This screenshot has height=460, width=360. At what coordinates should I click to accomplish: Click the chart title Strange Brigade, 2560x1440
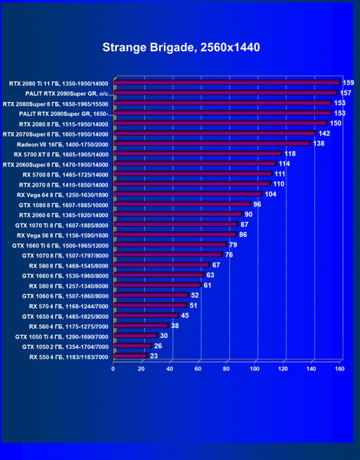(x=182, y=48)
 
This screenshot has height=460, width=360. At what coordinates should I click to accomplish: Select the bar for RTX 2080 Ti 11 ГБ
(x=227, y=83)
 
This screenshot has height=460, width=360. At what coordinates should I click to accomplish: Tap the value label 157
(x=345, y=93)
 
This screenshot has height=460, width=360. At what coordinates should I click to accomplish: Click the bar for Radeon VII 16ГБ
(x=212, y=143)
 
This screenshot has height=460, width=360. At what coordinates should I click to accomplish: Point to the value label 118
(x=290, y=154)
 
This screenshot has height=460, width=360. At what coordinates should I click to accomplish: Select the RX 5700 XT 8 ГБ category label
(x=61, y=155)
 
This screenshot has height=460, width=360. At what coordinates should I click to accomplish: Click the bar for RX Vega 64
(x=188, y=194)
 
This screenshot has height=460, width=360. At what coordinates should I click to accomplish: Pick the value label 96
(x=257, y=204)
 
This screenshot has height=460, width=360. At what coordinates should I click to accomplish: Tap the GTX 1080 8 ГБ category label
(x=64, y=205)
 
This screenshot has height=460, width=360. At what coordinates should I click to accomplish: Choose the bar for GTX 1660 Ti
(x=170, y=245)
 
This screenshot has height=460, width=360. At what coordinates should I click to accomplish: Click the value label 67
(x=216, y=265)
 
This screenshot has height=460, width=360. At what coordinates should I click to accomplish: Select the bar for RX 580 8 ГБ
(x=158, y=285)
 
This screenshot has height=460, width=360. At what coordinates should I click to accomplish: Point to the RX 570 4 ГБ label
(x=69, y=307)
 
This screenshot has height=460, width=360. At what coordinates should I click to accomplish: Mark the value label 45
(x=185, y=316)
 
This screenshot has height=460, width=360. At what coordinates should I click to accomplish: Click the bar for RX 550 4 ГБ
(x=130, y=356)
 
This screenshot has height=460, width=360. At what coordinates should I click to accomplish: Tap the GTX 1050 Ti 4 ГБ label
(x=62, y=337)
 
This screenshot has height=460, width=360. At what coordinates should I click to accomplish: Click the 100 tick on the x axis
(x=254, y=369)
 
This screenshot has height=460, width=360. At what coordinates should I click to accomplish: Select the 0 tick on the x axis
(x=113, y=369)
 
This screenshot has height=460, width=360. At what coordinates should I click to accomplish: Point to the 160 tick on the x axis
(x=339, y=369)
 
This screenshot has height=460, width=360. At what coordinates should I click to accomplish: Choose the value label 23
(x=154, y=356)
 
